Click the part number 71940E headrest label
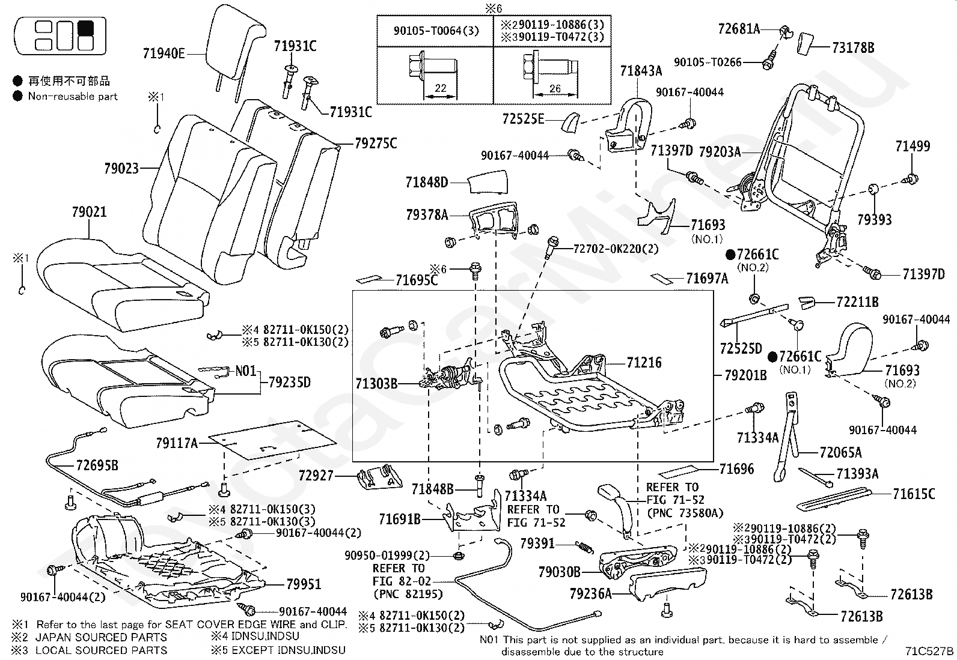[x=164, y=54]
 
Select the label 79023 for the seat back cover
[x=121, y=169]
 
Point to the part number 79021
[x=90, y=212]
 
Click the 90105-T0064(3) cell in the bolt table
[x=436, y=31]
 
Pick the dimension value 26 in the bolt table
[x=555, y=88]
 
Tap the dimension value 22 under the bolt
[x=441, y=88]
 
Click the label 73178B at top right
[x=853, y=47]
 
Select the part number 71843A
[x=641, y=71]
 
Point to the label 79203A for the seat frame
[x=720, y=151]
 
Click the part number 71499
[x=913, y=147]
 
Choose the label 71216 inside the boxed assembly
[x=644, y=363]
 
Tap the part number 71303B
[x=376, y=384]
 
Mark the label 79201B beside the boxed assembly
[x=745, y=375]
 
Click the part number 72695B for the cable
[x=97, y=465]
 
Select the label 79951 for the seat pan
[x=304, y=584]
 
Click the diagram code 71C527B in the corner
[x=929, y=651]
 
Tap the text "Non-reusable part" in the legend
[x=73, y=97]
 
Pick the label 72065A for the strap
[x=840, y=452]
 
